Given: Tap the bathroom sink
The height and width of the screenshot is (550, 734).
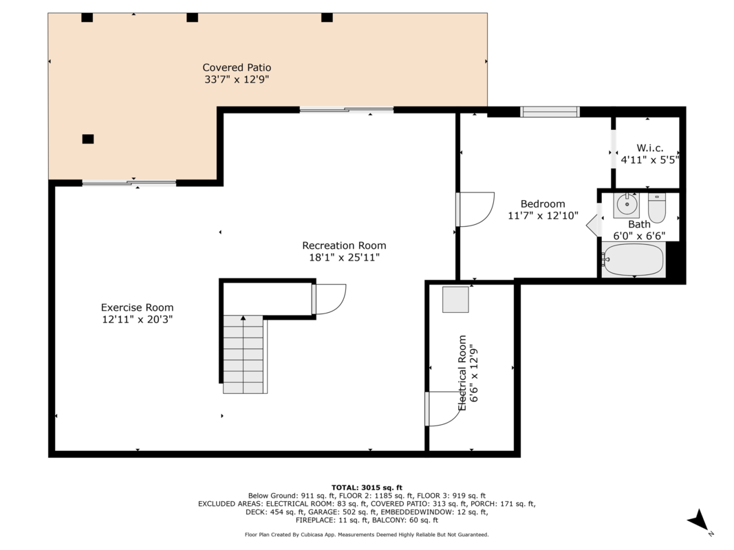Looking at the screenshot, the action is coord(626,205).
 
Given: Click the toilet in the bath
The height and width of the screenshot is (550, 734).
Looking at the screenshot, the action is coord(657,208).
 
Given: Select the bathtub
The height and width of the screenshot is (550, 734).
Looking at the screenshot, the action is coord(634,260).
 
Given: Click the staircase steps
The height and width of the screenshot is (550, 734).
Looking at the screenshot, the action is coord(243,355).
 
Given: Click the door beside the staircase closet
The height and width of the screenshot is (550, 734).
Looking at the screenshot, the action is coord(329,299).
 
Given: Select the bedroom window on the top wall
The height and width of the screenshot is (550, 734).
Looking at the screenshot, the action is coord(550,112).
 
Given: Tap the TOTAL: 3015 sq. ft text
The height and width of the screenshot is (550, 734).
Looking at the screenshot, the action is coord(367,487).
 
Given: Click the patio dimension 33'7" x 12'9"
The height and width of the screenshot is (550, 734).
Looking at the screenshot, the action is coord(237,80).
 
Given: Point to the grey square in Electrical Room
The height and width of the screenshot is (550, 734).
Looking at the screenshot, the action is coord(455,300).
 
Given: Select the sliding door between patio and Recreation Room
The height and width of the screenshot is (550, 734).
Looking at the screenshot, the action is coord(347,110).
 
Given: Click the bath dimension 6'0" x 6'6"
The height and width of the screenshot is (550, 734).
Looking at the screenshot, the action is coord(640,236).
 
